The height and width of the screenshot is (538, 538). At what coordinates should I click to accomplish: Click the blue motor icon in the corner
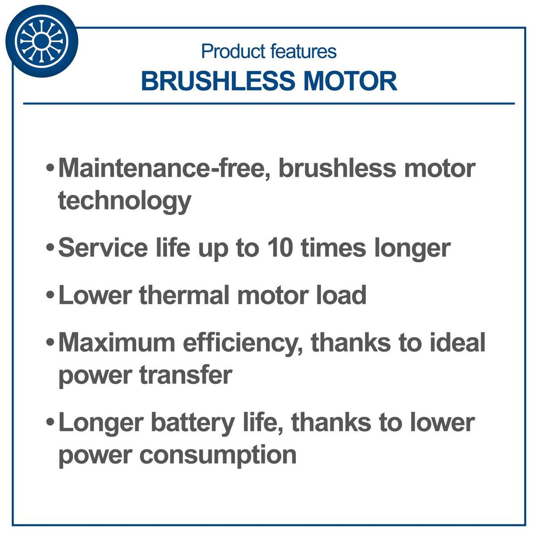tap(41, 41)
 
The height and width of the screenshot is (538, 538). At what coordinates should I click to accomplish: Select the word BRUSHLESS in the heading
tap(218, 81)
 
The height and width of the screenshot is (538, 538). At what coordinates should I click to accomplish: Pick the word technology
tap(125, 200)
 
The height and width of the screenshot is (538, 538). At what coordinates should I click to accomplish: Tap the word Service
tap(103, 247)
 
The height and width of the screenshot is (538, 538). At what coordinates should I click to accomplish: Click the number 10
tap(280, 247)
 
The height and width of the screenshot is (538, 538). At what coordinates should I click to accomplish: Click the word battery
tap(193, 423)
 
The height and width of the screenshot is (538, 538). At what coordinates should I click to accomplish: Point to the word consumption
tap(218, 456)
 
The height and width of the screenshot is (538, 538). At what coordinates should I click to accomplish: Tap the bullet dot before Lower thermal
tap(51, 296)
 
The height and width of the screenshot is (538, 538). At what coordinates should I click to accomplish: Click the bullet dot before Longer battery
tap(51, 423)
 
